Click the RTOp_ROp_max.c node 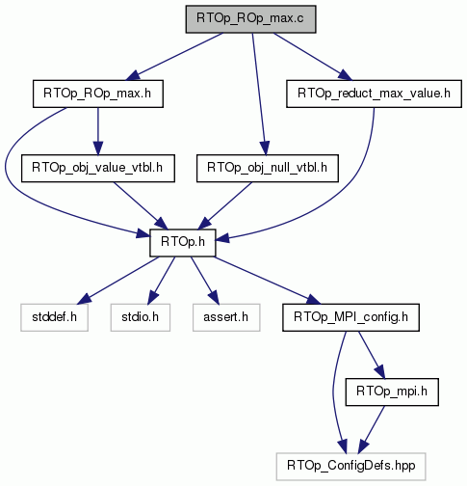pos(250,19)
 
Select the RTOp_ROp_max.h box pos(98,94)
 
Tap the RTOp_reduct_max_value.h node pos(374,94)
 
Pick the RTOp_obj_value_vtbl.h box pos(98,168)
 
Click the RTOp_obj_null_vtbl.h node pos(268,168)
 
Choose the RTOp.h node pos(183,243)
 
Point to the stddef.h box pos(54,317)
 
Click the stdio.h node pos(141,317)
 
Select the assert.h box pos(226,317)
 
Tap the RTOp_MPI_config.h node pos(350,317)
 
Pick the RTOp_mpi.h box pos(392,391)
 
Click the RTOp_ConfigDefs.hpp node pos(350,467)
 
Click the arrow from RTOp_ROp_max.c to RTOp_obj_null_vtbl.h pos(259,94)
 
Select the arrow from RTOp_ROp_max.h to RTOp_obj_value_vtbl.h pos(98,131)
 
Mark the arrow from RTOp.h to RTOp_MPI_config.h pos(268,281)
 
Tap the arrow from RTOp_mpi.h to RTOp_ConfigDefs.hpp pos(372,429)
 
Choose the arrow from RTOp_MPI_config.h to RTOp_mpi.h pos(372,355)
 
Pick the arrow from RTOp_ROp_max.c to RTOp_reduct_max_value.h pos(313,57)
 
